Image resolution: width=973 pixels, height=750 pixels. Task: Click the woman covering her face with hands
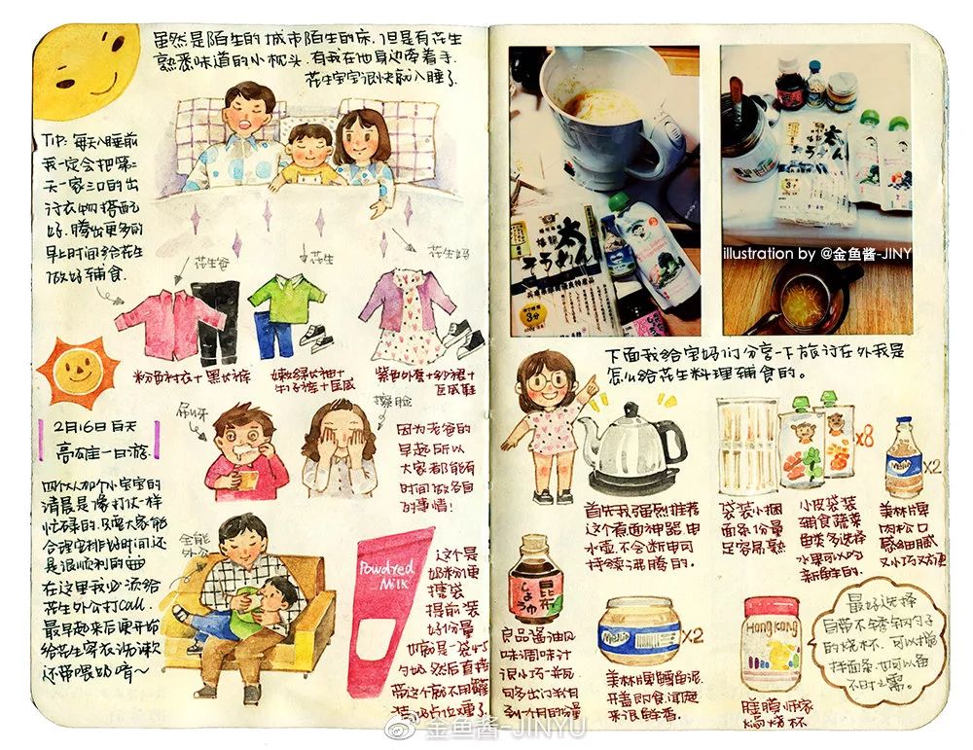340,450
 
